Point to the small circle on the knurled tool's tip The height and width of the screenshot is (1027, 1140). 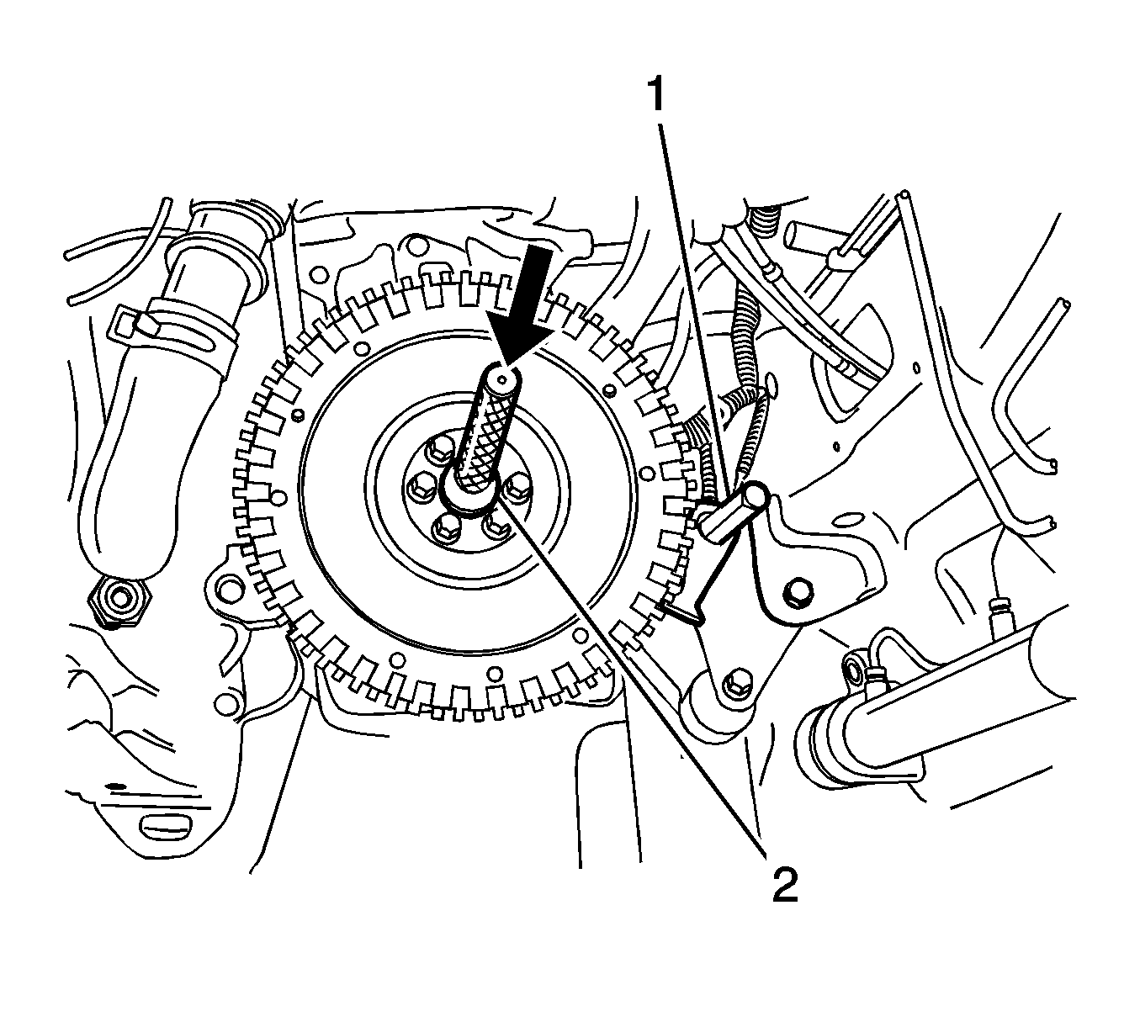coord(501,378)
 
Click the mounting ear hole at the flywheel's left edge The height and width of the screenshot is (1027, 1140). coord(229,585)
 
